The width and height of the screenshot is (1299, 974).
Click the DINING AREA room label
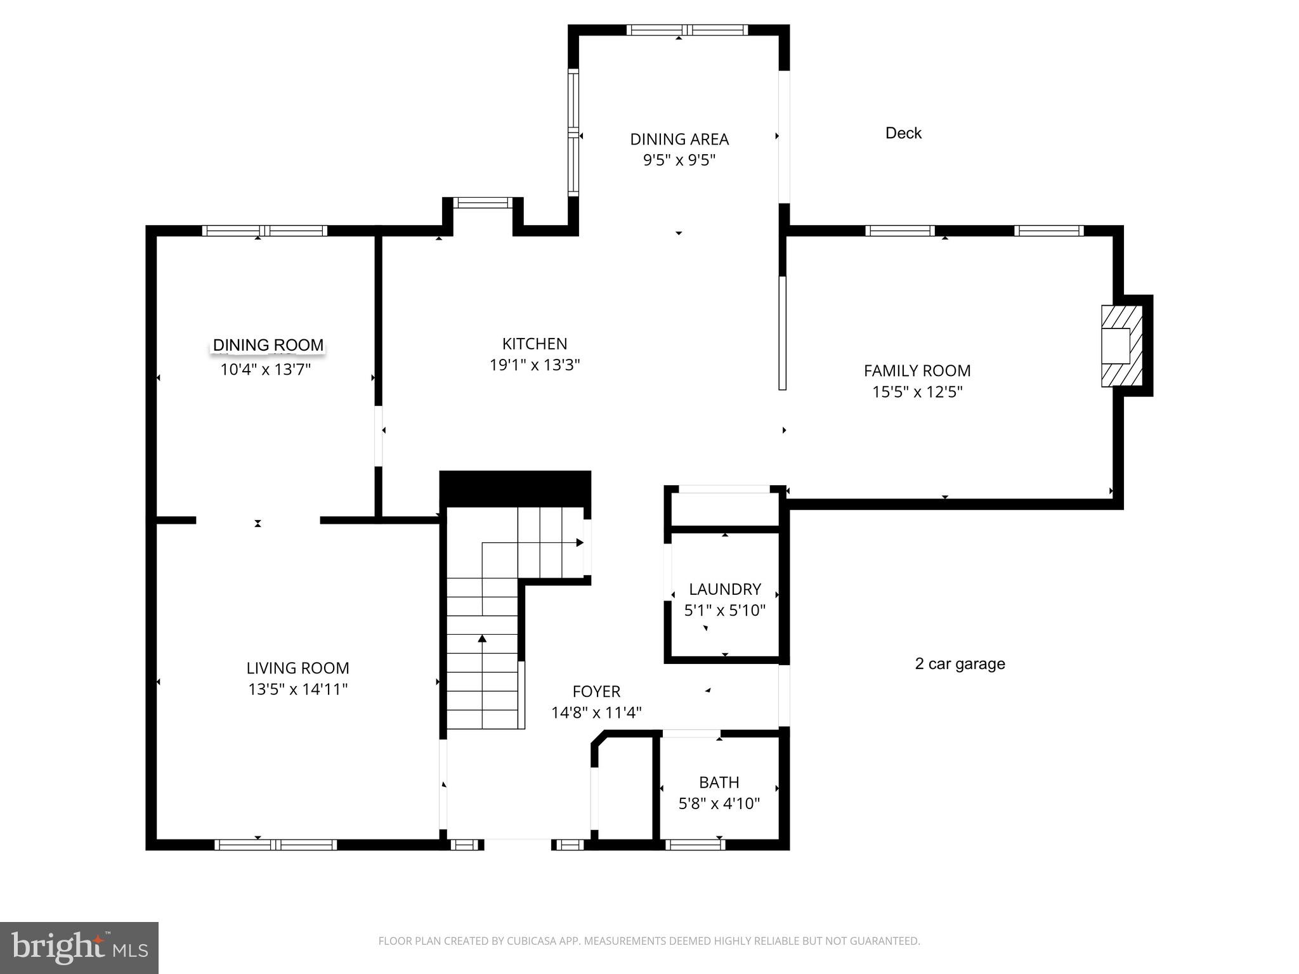click(x=679, y=139)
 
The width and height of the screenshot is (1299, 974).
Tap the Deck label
click(x=903, y=133)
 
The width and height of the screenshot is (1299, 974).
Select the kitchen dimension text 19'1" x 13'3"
click(x=535, y=365)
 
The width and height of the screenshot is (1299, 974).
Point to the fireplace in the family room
click(x=1121, y=346)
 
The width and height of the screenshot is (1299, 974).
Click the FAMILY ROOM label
click(x=917, y=370)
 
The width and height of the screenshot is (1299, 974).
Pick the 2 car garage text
click(x=959, y=664)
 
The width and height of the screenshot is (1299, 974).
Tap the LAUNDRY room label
click(x=724, y=589)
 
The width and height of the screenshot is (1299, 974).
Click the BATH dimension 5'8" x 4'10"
click(x=719, y=804)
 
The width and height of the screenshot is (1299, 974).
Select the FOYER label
click(x=596, y=691)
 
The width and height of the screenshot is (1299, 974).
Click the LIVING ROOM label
click(x=297, y=668)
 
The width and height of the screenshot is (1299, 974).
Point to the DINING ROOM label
click(x=268, y=345)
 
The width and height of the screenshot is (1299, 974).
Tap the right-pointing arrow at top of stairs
click(x=579, y=543)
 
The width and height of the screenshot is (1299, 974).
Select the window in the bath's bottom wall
click(x=695, y=844)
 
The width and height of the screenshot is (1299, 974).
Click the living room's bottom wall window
click(x=275, y=844)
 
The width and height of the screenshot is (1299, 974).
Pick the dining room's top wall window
click(x=264, y=230)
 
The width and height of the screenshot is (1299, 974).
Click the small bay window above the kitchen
click(x=482, y=203)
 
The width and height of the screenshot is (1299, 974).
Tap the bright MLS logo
click(x=79, y=947)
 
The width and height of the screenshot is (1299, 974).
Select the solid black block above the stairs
click(x=514, y=488)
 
